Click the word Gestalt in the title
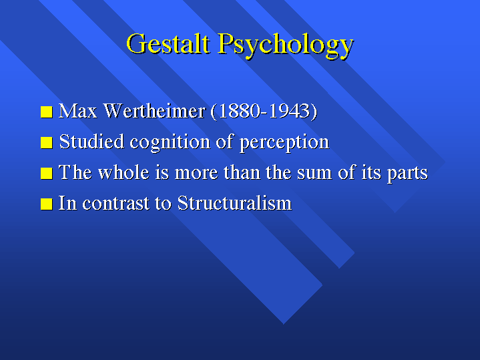(168, 43)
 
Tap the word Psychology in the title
(286, 45)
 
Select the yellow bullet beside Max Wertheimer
(47, 112)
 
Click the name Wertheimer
(154, 111)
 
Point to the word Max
(77, 111)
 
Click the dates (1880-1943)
(264, 111)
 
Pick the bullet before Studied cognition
(47, 142)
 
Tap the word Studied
(91, 142)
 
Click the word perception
(284, 143)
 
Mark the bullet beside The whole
(47, 173)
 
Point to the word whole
(124, 172)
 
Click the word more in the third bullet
(196, 174)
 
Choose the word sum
(314, 174)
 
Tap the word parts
(407, 174)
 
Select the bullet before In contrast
(47, 204)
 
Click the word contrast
(116, 204)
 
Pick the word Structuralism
(235, 202)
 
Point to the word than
(242, 172)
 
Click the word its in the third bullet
(371, 172)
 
